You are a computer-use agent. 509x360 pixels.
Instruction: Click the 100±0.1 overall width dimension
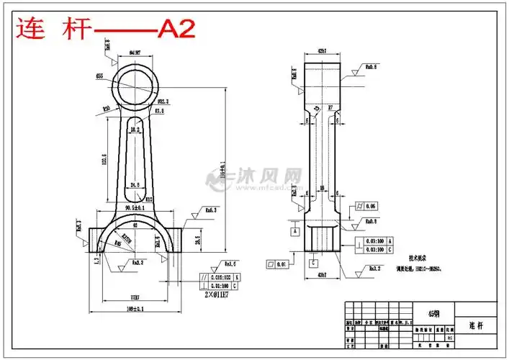pos(134,309)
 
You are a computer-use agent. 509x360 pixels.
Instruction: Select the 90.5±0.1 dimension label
pos(134,208)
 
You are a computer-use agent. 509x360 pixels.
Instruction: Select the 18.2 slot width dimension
pos(134,129)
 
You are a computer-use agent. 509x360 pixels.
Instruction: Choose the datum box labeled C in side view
pos(314,263)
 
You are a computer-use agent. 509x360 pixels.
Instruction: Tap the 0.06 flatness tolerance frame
pos(366,207)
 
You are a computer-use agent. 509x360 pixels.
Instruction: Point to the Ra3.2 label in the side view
pos(374,269)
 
